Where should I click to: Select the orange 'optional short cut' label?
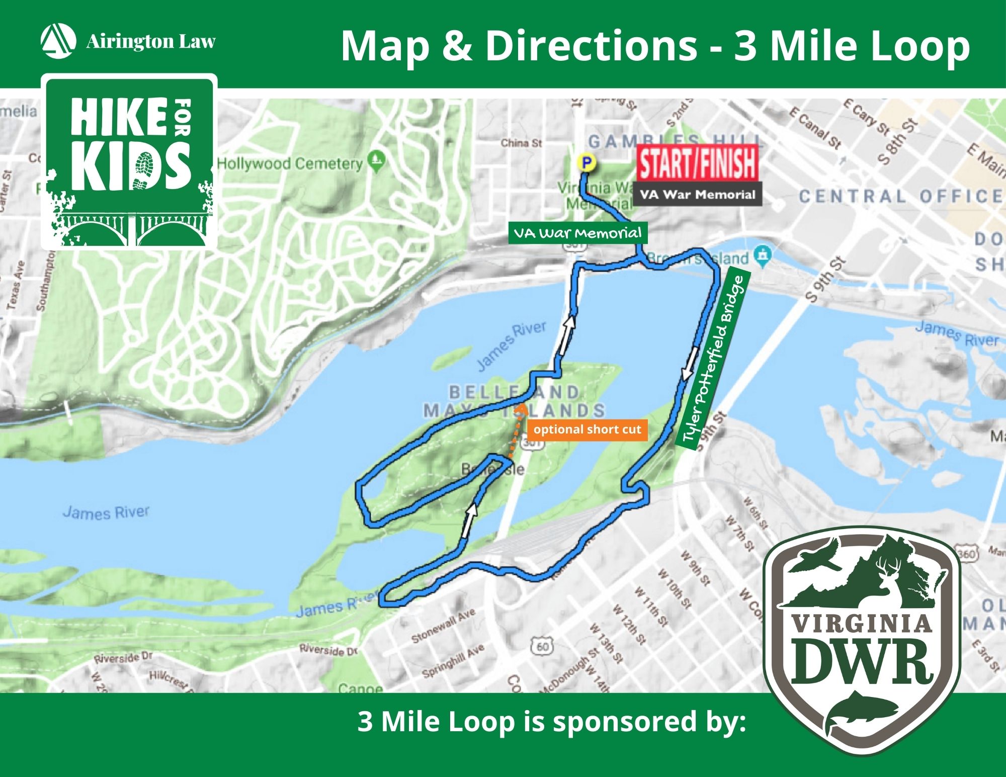[587, 429]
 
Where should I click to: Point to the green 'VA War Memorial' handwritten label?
[577, 233]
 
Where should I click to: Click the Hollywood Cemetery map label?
[290, 163]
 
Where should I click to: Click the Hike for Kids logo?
[129, 161]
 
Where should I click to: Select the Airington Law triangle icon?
[58, 40]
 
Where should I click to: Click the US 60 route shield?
[542, 646]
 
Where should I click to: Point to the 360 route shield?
[966, 554]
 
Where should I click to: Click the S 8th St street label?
[898, 142]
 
